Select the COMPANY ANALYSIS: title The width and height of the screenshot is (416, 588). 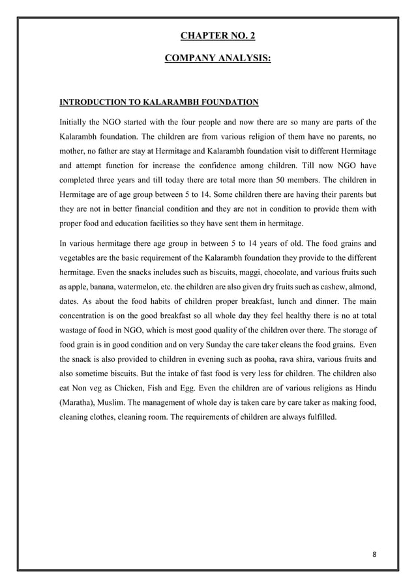click(218, 59)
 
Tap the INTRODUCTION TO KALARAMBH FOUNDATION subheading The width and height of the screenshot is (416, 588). click(159, 102)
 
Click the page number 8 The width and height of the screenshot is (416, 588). click(374, 555)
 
